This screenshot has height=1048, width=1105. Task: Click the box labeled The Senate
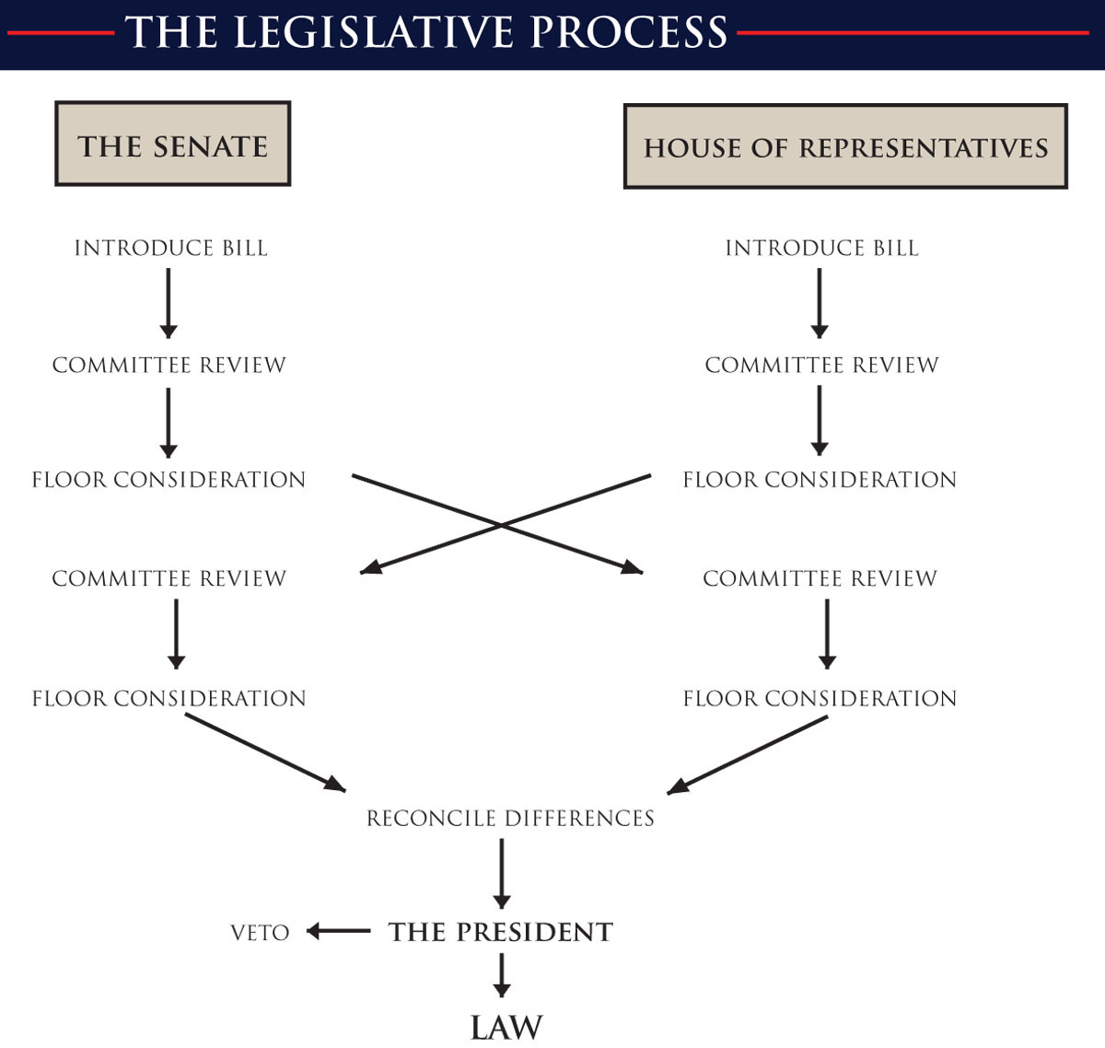172,145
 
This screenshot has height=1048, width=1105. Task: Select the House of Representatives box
845,147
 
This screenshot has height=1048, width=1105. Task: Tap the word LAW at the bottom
506,1028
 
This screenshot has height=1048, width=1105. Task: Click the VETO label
260,933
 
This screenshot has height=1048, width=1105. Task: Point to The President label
500,932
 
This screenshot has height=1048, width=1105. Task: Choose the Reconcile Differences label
510,818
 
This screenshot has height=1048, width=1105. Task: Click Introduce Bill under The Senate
170,248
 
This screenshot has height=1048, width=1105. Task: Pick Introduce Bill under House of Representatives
821,248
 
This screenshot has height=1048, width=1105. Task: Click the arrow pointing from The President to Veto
338,932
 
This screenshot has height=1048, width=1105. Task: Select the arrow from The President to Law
502,975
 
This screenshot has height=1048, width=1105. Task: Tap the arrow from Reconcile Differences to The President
502,873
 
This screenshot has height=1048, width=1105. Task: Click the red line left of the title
60,33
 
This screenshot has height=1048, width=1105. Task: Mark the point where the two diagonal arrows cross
501,525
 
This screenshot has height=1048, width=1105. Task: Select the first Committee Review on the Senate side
169,365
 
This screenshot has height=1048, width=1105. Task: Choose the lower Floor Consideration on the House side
820,698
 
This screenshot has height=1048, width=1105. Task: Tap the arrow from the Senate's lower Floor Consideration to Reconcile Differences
265,752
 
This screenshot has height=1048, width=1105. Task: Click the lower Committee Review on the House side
820,578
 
